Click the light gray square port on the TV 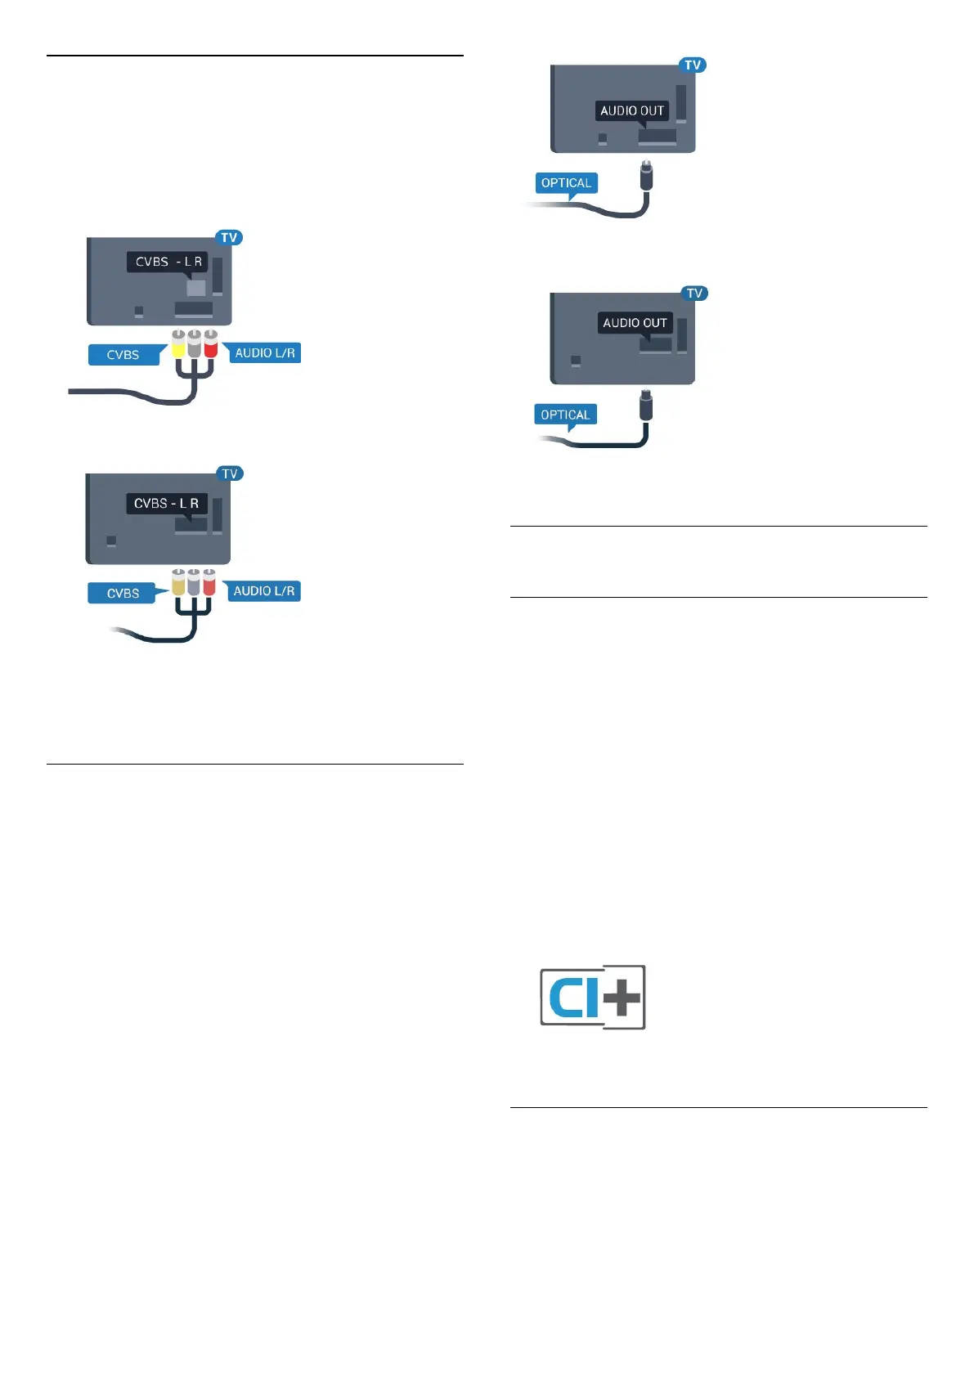(196, 288)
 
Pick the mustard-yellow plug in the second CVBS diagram (178, 582)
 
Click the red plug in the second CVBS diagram (209, 582)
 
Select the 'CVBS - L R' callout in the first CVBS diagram (168, 262)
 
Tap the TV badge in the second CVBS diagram (230, 473)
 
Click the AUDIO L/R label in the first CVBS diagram (264, 353)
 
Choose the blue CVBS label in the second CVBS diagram (123, 593)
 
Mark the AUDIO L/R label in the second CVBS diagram (263, 591)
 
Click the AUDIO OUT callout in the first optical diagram (632, 111)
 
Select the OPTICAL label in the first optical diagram (566, 183)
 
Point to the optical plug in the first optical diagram (646, 176)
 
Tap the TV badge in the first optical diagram (693, 65)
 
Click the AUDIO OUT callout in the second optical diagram (635, 323)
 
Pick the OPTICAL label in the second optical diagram (565, 415)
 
